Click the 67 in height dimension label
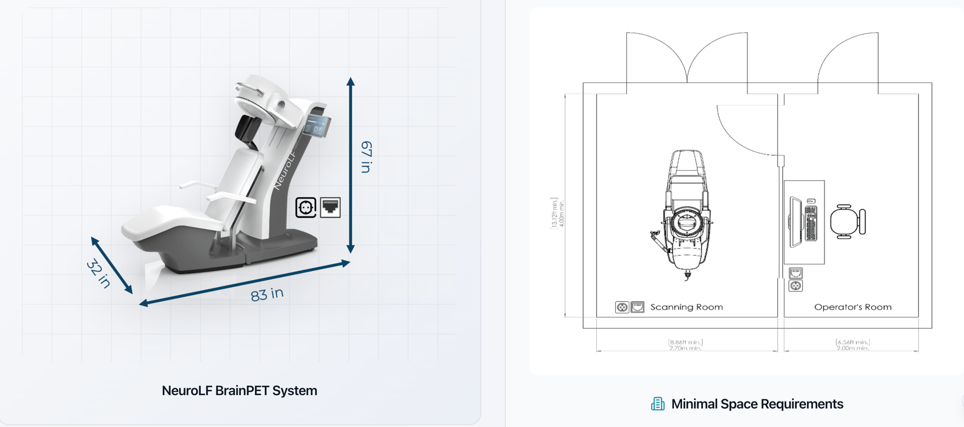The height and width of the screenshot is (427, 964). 367,157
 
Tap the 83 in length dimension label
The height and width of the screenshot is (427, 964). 267,294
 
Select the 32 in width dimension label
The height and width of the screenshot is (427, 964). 98,274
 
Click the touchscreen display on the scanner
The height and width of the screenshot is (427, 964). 317,126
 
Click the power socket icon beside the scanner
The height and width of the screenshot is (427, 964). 306,208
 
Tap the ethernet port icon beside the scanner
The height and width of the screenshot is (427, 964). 331,208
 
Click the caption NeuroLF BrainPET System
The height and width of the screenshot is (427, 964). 240,390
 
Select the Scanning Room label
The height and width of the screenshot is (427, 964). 686,307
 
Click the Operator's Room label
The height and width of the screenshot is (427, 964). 853,307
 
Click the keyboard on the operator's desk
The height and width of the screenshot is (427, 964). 811,223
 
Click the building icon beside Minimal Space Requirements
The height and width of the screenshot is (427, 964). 657,404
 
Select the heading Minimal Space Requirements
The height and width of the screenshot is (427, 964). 757,404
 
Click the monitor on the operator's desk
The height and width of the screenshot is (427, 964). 796,222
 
